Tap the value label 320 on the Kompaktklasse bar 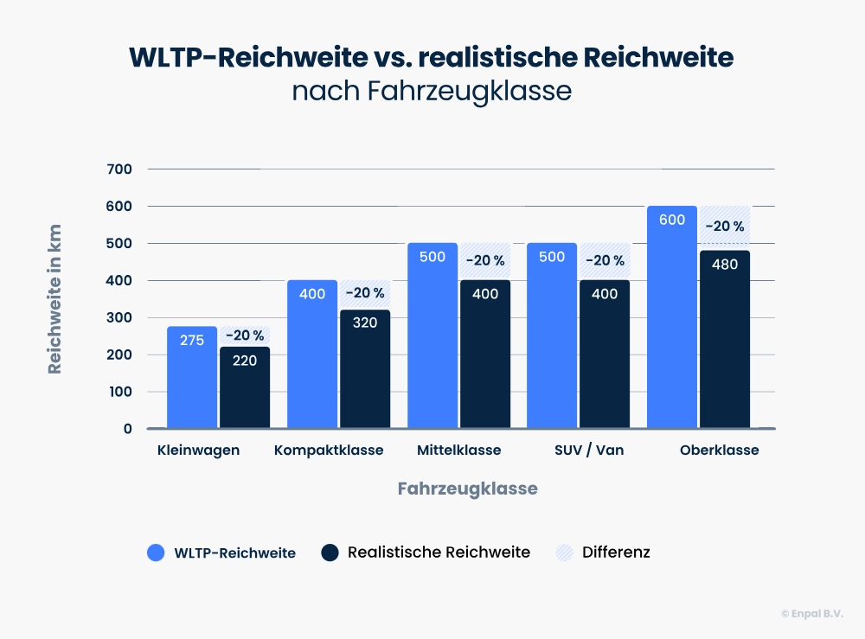coord(365,323)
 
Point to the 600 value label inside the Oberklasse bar coord(672,220)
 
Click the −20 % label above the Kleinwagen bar coord(245,335)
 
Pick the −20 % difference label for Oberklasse coord(725,227)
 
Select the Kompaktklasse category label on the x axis coord(329,450)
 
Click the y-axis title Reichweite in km coord(55,299)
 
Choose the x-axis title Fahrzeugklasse coord(467,489)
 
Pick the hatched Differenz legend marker coord(564,553)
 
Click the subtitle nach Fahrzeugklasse coord(432,91)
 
